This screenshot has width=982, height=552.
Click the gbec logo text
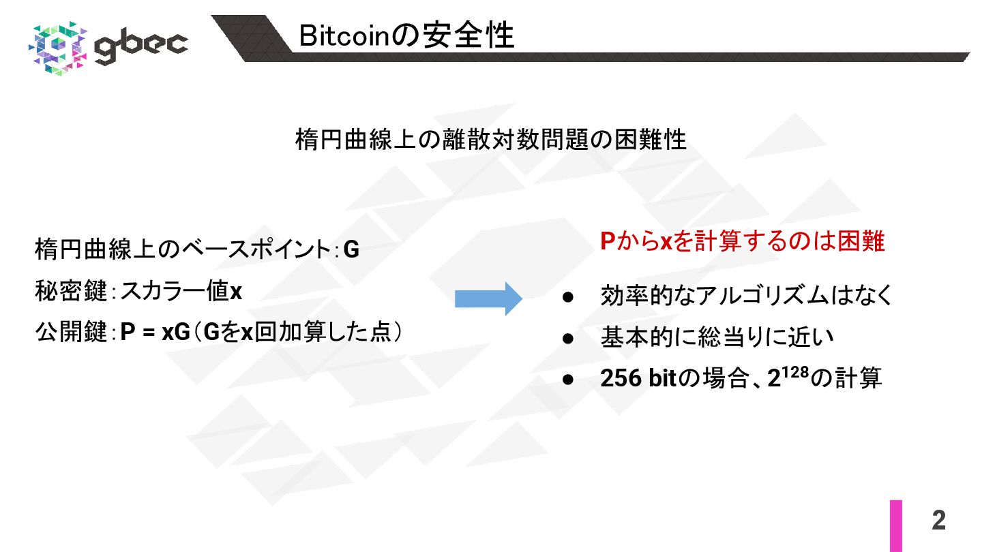point(141,46)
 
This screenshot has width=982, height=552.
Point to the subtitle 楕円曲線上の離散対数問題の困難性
point(490,140)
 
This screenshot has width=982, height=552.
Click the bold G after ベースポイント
point(351,251)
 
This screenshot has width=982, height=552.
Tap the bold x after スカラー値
point(236,292)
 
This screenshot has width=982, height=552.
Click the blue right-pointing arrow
point(488,298)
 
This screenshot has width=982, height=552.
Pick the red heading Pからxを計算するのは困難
point(743,242)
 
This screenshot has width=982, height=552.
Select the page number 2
point(938,521)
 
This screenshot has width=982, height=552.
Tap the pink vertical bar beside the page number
point(895,525)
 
